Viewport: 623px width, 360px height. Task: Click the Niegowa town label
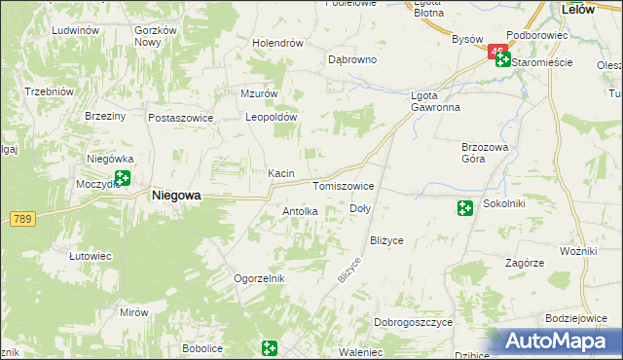(x=176, y=196)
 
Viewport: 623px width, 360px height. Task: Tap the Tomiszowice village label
(x=343, y=185)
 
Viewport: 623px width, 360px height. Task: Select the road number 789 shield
(x=22, y=219)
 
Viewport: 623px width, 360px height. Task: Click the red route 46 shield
(x=497, y=51)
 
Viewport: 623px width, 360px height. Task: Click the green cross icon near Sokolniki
(x=465, y=206)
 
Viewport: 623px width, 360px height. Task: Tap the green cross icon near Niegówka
(x=123, y=178)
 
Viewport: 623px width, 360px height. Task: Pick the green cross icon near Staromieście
(x=502, y=60)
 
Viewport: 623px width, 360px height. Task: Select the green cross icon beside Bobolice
(x=269, y=347)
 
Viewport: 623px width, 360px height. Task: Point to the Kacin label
(x=281, y=173)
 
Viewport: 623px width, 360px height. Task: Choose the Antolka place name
(x=300, y=211)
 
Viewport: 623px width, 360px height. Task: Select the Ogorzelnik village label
(x=258, y=278)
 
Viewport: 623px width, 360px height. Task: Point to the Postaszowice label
(x=180, y=117)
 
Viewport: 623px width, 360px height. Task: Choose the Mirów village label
(x=134, y=312)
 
